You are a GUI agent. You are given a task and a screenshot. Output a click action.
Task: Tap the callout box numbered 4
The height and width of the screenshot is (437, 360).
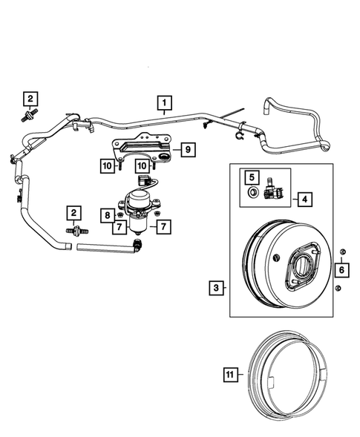tap(303, 198)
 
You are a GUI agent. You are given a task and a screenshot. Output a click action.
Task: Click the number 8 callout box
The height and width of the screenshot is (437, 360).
tap(106, 215)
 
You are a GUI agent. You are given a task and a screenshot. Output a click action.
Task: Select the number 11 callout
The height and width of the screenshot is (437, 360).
tap(230, 375)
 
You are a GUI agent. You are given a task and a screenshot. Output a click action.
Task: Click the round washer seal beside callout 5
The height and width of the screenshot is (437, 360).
tap(252, 194)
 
